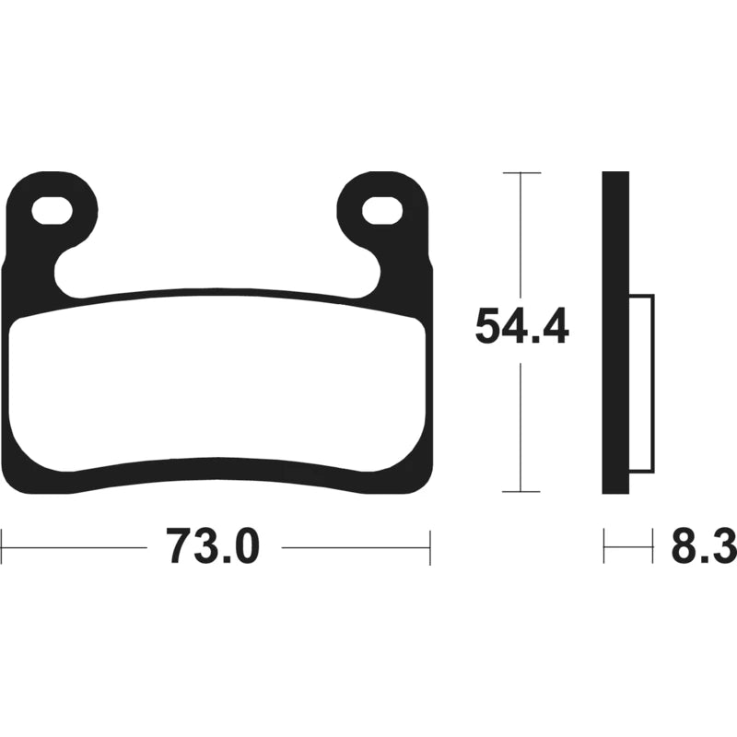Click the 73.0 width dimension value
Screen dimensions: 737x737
(213, 547)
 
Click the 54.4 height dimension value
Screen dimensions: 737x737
(521, 326)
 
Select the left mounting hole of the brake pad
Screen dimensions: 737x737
(52, 211)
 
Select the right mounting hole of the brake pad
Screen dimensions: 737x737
(382, 211)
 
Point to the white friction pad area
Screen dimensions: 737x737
(217, 381)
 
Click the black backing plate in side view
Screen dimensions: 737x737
(615, 333)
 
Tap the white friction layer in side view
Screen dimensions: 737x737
(641, 383)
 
